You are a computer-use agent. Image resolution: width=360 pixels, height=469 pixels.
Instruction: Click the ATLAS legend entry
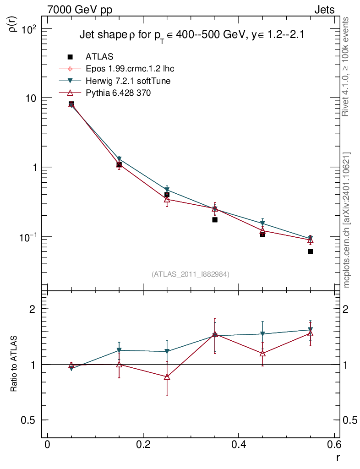tap(99, 57)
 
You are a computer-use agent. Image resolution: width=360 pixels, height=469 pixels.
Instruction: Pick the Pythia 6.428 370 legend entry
tap(118, 93)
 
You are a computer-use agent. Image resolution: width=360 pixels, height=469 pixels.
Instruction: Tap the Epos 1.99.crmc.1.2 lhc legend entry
tap(130, 69)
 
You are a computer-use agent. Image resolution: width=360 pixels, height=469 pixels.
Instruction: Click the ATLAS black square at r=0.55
tap(310, 251)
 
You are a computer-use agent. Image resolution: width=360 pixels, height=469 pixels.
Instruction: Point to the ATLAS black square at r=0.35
tap(214, 220)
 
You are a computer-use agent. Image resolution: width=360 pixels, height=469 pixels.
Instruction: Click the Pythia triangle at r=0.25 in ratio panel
tap(167, 377)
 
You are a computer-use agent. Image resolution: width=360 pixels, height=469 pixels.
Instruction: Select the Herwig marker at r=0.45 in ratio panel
tap(262, 334)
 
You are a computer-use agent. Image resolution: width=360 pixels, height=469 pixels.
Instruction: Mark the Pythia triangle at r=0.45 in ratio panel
tap(262, 353)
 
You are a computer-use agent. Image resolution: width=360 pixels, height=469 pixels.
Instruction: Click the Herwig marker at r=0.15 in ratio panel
tap(119, 350)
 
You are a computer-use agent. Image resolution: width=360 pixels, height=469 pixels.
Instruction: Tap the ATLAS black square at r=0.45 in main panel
tap(262, 234)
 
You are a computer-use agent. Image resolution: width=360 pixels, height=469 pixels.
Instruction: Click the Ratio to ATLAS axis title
tap(14, 364)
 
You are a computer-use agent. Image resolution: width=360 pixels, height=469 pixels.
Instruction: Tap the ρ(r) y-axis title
tap(14, 24)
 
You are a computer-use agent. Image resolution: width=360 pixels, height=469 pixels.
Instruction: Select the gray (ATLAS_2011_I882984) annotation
tap(191, 274)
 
